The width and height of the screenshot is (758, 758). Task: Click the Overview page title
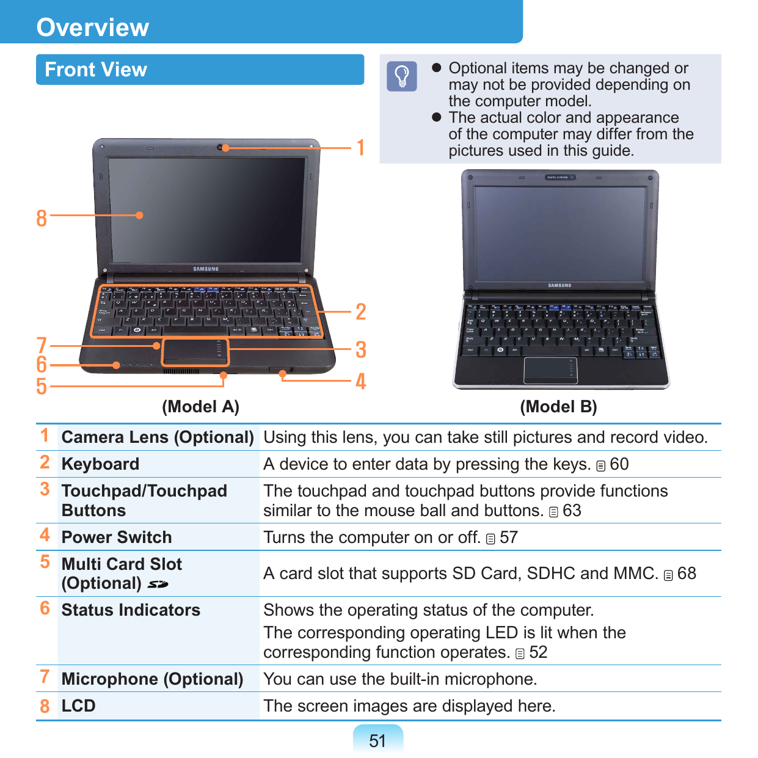click(x=93, y=27)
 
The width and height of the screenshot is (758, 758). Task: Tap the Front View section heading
click(x=96, y=70)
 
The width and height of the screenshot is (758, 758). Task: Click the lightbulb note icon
click(x=402, y=76)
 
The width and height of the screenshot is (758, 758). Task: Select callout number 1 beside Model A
click(x=361, y=147)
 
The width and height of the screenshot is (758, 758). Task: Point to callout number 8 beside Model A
click(x=42, y=218)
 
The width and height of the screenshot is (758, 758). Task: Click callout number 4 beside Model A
click(x=361, y=382)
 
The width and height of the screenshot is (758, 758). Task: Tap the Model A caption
click(x=200, y=407)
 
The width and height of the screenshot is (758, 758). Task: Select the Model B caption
click(x=558, y=407)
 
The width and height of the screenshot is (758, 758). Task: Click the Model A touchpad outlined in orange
click(x=195, y=352)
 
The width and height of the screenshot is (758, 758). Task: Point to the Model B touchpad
click(x=550, y=371)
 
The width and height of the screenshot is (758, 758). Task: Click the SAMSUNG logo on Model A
click(x=206, y=269)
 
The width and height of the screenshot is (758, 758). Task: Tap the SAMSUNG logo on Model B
click(x=559, y=285)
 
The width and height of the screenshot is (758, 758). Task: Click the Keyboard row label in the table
click(x=101, y=464)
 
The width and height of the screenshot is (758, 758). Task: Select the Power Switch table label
click(x=117, y=538)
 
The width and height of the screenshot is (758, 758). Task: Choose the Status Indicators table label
click(x=131, y=610)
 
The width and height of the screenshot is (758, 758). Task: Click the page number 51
click(x=377, y=741)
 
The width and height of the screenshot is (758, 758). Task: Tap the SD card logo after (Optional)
click(x=158, y=585)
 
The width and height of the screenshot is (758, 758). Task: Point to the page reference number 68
click(x=687, y=574)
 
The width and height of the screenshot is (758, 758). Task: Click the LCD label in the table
click(x=79, y=706)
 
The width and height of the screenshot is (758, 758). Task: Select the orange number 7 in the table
click(x=45, y=677)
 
